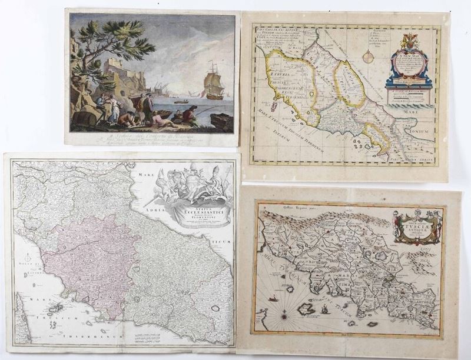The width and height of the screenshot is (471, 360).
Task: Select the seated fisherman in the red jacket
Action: point(188,114)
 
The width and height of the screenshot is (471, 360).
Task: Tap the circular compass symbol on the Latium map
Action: point(369,57)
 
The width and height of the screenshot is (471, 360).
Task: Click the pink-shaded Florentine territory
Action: point(82,253)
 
